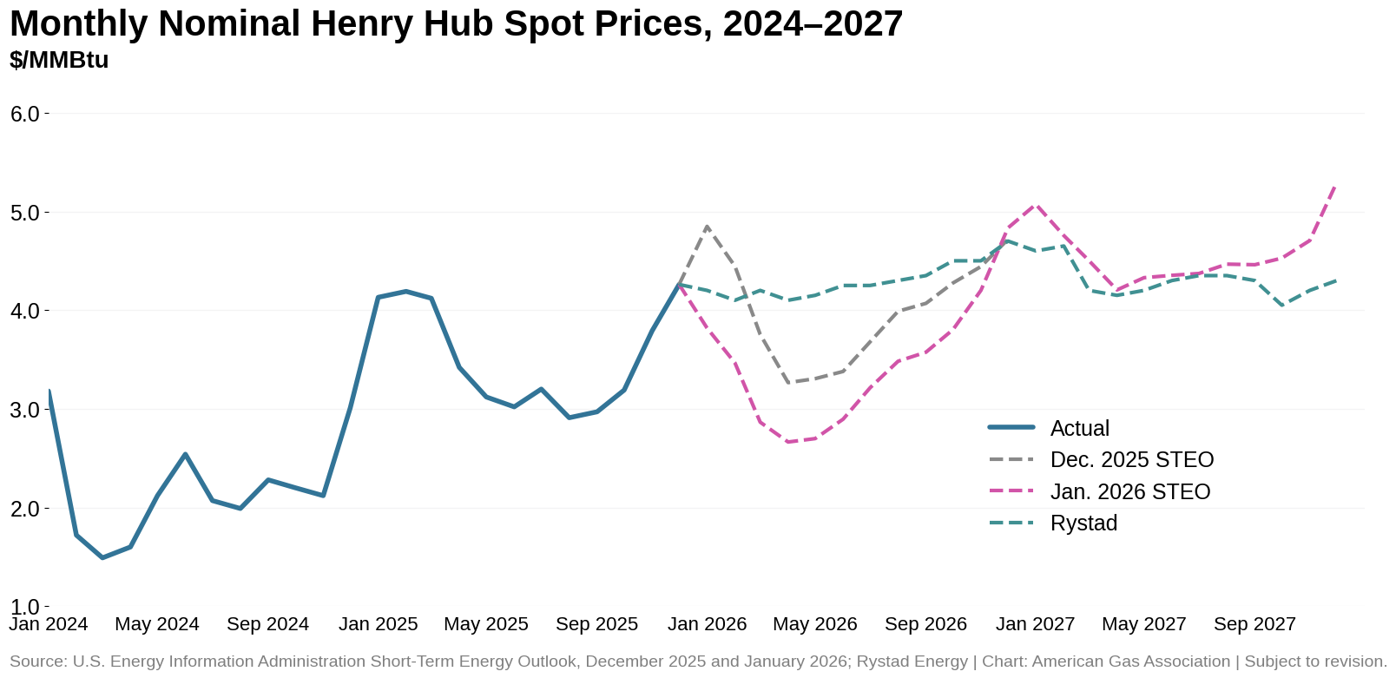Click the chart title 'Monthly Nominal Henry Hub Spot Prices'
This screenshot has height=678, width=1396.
pos(456,24)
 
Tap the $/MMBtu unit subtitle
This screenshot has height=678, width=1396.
pos(59,61)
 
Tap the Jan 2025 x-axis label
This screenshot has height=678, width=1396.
pos(378,624)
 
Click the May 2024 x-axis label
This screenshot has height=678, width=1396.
pos(157,624)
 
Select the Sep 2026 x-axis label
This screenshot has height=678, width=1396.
pos(925,624)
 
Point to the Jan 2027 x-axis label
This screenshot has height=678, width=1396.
pos(1035,624)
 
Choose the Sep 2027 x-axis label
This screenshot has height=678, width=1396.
pos(1254,624)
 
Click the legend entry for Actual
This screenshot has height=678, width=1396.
pos(1079,428)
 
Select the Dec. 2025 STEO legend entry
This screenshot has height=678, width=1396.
pos(1131,460)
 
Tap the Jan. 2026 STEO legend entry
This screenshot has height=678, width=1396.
pos(1129,492)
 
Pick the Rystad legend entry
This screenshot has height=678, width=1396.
pos(1083,523)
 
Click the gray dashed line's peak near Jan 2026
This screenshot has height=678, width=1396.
pos(707,227)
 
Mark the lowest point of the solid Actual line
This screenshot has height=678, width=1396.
pos(102,557)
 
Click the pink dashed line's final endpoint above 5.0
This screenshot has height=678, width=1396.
pos(1334,186)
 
